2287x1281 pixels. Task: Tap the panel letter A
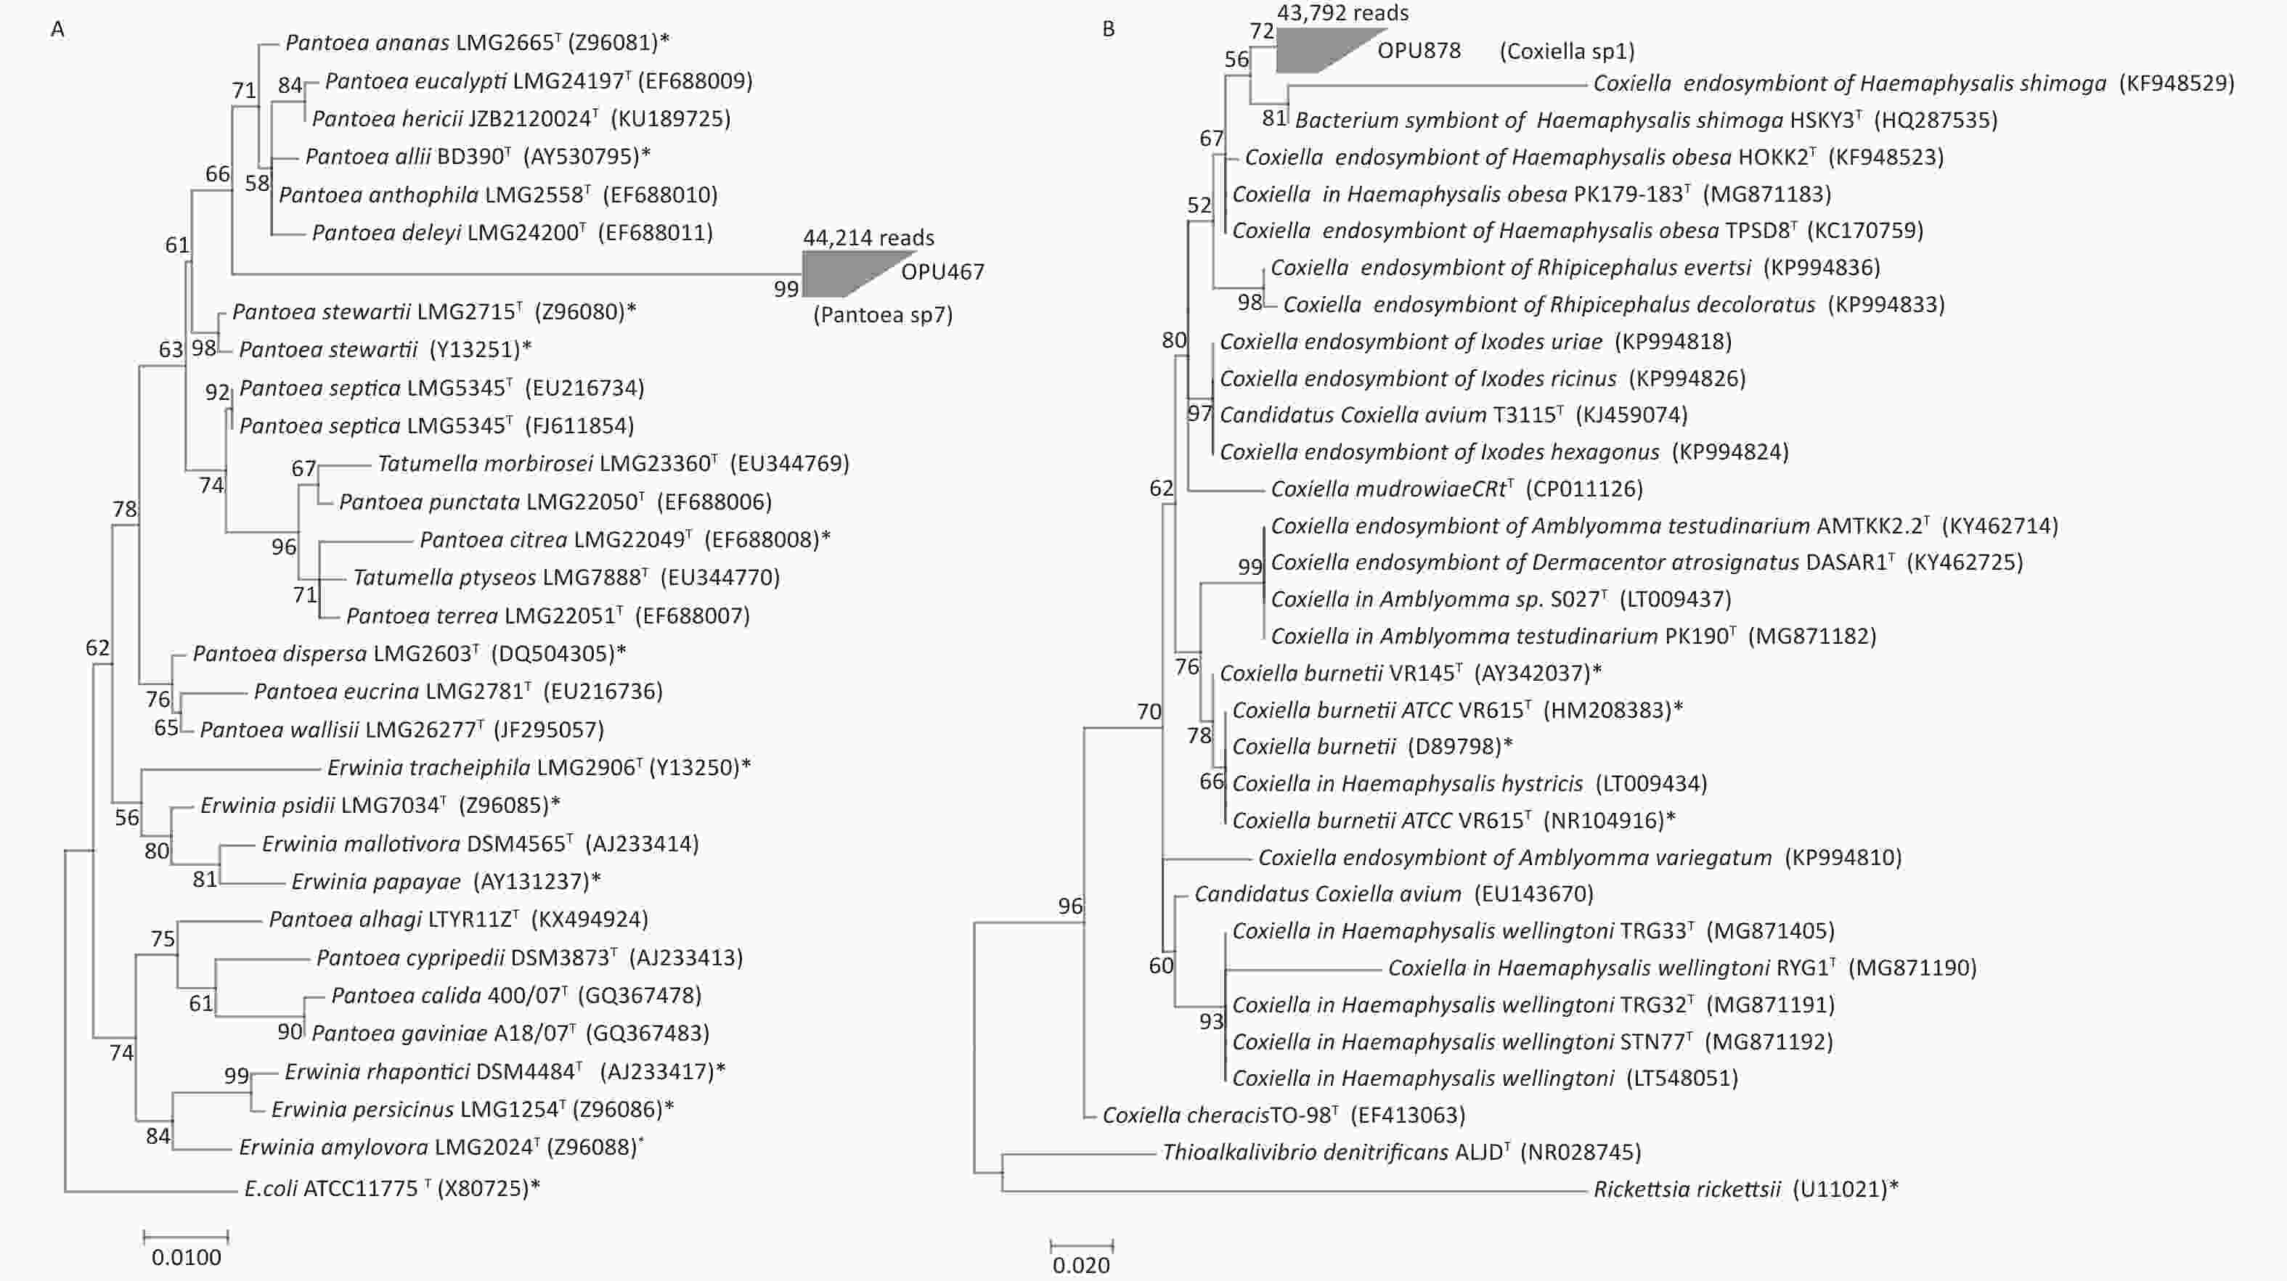(x=57, y=29)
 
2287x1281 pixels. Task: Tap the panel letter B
(x=1108, y=29)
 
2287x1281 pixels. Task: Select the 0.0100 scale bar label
(x=187, y=1257)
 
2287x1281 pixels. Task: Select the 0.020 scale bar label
(x=1081, y=1266)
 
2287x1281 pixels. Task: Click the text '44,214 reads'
(x=868, y=238)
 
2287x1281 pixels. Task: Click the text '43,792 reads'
(x=1342, y=12)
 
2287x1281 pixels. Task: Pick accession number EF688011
(x=655, y=232)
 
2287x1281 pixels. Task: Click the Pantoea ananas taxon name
(x=367, y=43)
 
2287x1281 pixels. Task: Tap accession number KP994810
(x=1844, y=858)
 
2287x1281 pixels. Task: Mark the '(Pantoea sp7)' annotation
(x=882, y=315)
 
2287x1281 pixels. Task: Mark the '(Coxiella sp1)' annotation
(x=1567, y=52)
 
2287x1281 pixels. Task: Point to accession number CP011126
(x=1585, y=489)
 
